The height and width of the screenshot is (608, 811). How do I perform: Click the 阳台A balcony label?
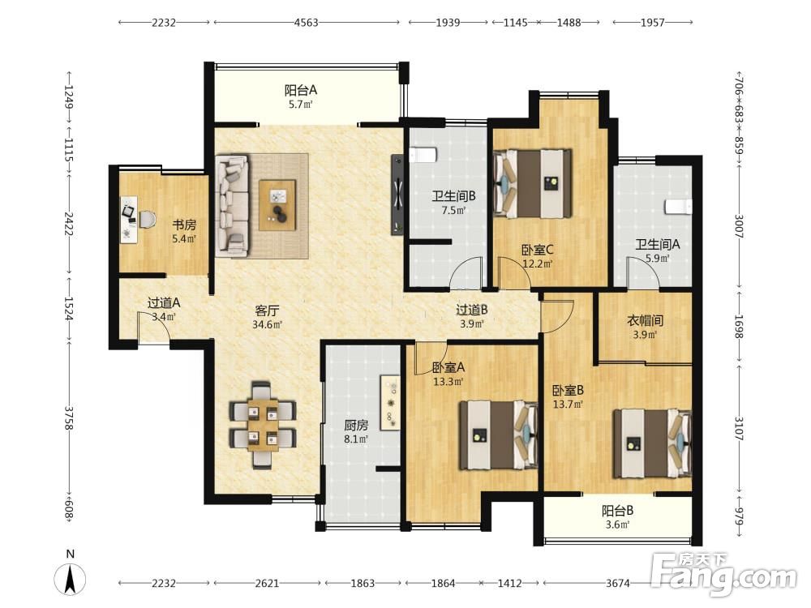pos(301,91)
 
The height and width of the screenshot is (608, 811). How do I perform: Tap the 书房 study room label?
pos(184,225)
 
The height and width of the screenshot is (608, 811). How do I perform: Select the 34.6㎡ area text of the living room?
pos(267,325)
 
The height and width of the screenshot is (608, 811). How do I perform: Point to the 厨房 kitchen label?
pos(356,425)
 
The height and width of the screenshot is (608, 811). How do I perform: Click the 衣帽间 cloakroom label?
pos(645,320)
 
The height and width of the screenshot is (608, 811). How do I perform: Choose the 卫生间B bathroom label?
pos(453,196)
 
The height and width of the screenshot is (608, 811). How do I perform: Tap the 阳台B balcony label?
pos(617,511)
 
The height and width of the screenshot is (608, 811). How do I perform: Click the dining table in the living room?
pos(263,425)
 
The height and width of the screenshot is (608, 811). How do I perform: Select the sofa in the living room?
pos(233,206)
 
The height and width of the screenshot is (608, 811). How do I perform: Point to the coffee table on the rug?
pos(277,205)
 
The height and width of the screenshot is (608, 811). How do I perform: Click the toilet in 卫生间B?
pos(423,155)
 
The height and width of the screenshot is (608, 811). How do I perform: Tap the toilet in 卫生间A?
pos(678,206)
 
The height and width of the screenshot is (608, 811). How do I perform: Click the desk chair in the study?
pos(146,219)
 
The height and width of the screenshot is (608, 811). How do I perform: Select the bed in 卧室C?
pos(533,183)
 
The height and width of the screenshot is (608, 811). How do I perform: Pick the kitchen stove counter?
pos(390,403)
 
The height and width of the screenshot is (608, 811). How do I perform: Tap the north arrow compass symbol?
pos(71,579)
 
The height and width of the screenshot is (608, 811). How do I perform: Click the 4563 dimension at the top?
pos(307,22)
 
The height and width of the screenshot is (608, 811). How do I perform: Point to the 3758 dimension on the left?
pos(69,417)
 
